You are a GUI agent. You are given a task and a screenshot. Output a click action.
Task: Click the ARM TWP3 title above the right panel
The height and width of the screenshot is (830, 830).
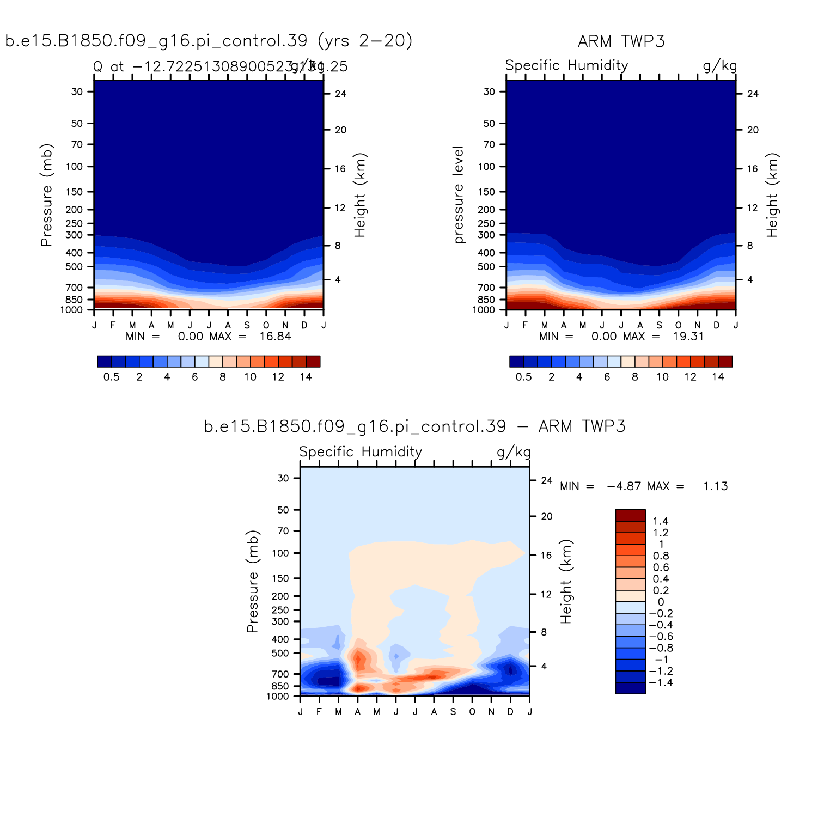tap(621, 41)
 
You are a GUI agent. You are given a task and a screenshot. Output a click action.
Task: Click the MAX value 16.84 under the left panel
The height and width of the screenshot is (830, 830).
tap(275, 337)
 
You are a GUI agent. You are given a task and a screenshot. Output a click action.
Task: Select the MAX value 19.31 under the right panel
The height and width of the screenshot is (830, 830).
tap(688, 337)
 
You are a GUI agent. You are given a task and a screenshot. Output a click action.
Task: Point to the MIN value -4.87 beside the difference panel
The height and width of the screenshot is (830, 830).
tap(624, 486)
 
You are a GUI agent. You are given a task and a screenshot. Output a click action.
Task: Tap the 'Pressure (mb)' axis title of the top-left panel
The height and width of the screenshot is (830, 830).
tap(46, 195)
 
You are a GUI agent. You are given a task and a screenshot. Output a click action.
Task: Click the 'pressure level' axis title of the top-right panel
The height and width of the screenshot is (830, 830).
tap(459, 195)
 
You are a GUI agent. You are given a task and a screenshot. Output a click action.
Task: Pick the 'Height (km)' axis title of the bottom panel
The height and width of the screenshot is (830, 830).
tap(566, 582)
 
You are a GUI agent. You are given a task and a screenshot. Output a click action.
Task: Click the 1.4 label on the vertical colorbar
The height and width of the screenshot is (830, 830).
tap(660, 522)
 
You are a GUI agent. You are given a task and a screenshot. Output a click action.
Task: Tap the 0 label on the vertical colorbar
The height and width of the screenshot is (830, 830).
tap(661, 602)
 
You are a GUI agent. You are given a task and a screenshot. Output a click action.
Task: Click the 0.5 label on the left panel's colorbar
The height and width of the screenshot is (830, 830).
tap(111, 377)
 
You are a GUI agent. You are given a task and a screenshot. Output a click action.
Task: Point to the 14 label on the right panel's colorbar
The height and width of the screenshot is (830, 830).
tap(718, 377)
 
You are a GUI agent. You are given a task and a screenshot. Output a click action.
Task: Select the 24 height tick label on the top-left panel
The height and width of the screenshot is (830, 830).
tap(340, 94)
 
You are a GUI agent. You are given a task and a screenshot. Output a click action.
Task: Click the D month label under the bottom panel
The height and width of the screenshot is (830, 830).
tap(510, 712)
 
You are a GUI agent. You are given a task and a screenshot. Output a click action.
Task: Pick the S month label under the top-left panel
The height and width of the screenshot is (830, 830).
tap(247, 326)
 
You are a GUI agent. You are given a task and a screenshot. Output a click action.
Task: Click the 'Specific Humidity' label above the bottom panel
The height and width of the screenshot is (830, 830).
tap(361, 452)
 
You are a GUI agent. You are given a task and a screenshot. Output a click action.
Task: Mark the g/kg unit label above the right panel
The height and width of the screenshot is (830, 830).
tap(719, 66)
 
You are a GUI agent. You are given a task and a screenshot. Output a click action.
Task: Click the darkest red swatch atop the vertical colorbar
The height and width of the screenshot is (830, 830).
tap(630, 515)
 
